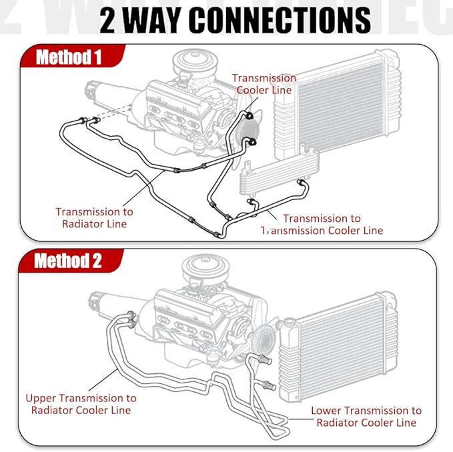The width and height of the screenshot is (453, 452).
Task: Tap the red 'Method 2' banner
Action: [x=69, y=261]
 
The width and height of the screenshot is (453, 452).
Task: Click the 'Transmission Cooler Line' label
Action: [x=264, y=84]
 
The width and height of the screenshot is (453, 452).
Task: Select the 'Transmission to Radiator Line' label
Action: [x=94, y=217]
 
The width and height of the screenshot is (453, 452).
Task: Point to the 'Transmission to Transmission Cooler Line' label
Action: [x=322, y=224]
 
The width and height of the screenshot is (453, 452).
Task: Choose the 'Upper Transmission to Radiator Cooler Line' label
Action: [x=81, y=403]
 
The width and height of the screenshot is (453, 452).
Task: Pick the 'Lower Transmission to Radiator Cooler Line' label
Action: [x=366, y=416]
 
